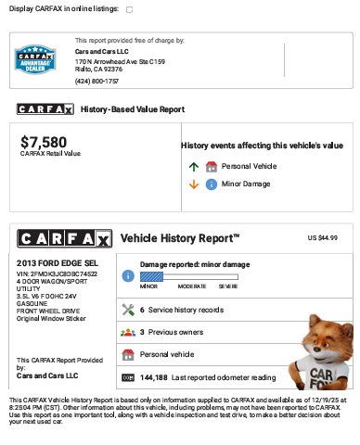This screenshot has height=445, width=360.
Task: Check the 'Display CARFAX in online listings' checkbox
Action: (x=129, y=9)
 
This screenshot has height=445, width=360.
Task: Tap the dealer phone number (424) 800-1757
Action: (x=96, y=82)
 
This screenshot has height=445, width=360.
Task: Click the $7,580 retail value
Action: (x=44, y=142)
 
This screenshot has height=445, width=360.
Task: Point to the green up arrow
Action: (x=194, y=167)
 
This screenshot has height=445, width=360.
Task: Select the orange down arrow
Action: (x=194, y=184)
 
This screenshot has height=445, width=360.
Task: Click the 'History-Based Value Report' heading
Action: (x=133, y=109)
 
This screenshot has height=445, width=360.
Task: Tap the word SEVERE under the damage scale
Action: (x=228, y=286)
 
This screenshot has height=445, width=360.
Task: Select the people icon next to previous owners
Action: (x=128, y=332)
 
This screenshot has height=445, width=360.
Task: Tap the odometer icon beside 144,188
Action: (x=128, y=377)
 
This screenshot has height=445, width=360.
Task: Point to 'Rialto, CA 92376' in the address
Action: (x=98, y=69)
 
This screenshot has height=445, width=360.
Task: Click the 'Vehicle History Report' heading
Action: (x=180, y=238)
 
